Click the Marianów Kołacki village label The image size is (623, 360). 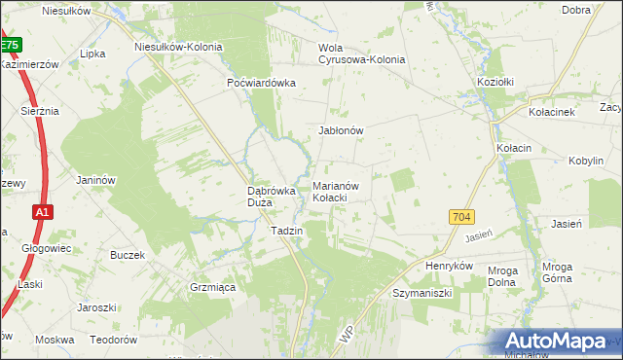pos(337,191)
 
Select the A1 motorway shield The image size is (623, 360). pos(41,211)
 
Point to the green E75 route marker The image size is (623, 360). pos(10,45)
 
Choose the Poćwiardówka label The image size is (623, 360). pos(261,83)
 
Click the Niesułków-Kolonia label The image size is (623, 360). pos(178,46)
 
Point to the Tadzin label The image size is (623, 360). pos(287,231)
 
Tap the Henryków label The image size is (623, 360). pos(449,266)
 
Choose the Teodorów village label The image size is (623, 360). pos(112,341)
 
